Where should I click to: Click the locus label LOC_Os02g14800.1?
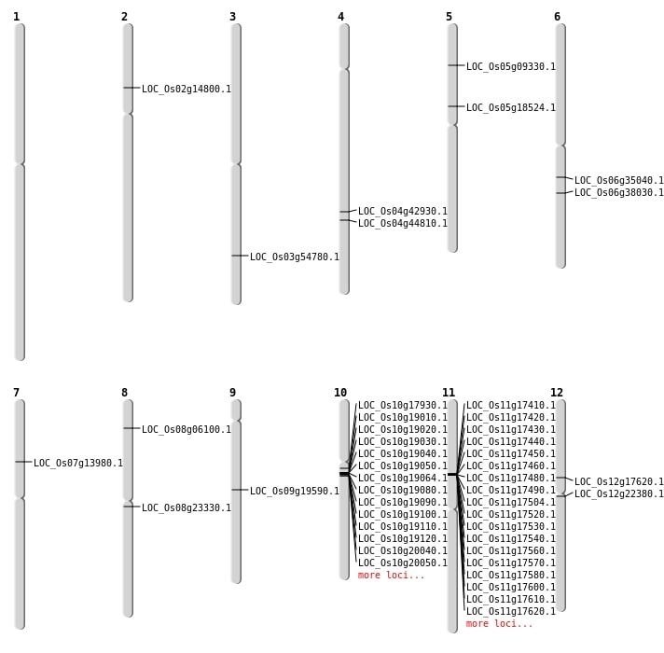pos(186,90)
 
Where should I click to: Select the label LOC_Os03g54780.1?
pos(294,257)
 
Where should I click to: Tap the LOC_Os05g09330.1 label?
pos(510,67)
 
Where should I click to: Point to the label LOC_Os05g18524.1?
pos(510,108)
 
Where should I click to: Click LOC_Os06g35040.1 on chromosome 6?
pos(618,181)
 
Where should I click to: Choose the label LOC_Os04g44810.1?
pos(402,224)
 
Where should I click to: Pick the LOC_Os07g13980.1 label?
pos(77,463)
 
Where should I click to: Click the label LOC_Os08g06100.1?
pos(186,430)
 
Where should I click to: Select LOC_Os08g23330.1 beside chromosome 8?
pos(186,508)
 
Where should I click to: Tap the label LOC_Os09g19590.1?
pos(294,491)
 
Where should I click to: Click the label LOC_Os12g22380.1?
pos(618,494)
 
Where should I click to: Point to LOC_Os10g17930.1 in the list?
pos(402,406)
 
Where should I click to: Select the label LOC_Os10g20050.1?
pos(402,563)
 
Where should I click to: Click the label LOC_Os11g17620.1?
pos(510,612)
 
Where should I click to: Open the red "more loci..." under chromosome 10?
pos(391,576)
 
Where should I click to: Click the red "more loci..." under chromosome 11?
pos(499,624)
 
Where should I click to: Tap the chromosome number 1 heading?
pos(16,17)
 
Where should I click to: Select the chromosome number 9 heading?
pos(232,393)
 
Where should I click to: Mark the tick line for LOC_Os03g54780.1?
pos(240,256)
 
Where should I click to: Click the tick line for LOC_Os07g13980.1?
pos(23,462)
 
